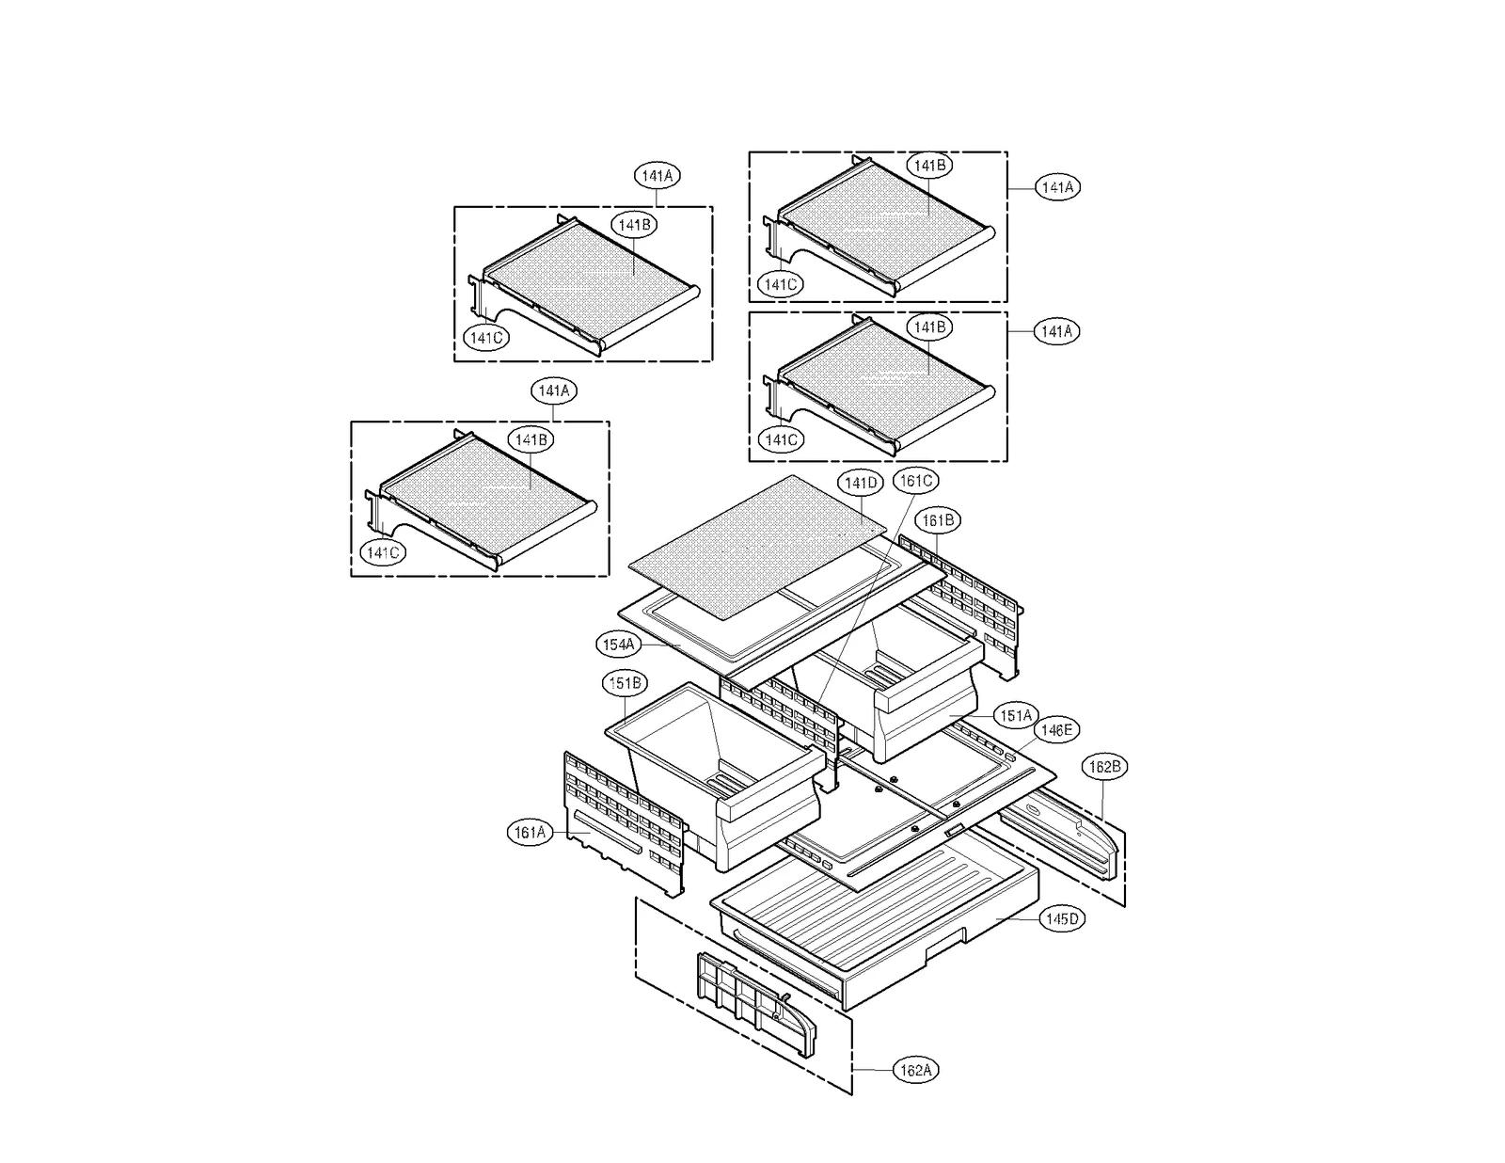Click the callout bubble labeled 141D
860,484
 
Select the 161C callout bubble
915,481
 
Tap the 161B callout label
939,520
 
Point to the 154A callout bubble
619,645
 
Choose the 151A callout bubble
1016,716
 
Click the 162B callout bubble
1103,767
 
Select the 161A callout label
531,833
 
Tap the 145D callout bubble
1062,919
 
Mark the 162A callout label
915,1070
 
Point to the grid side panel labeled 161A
621,819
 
